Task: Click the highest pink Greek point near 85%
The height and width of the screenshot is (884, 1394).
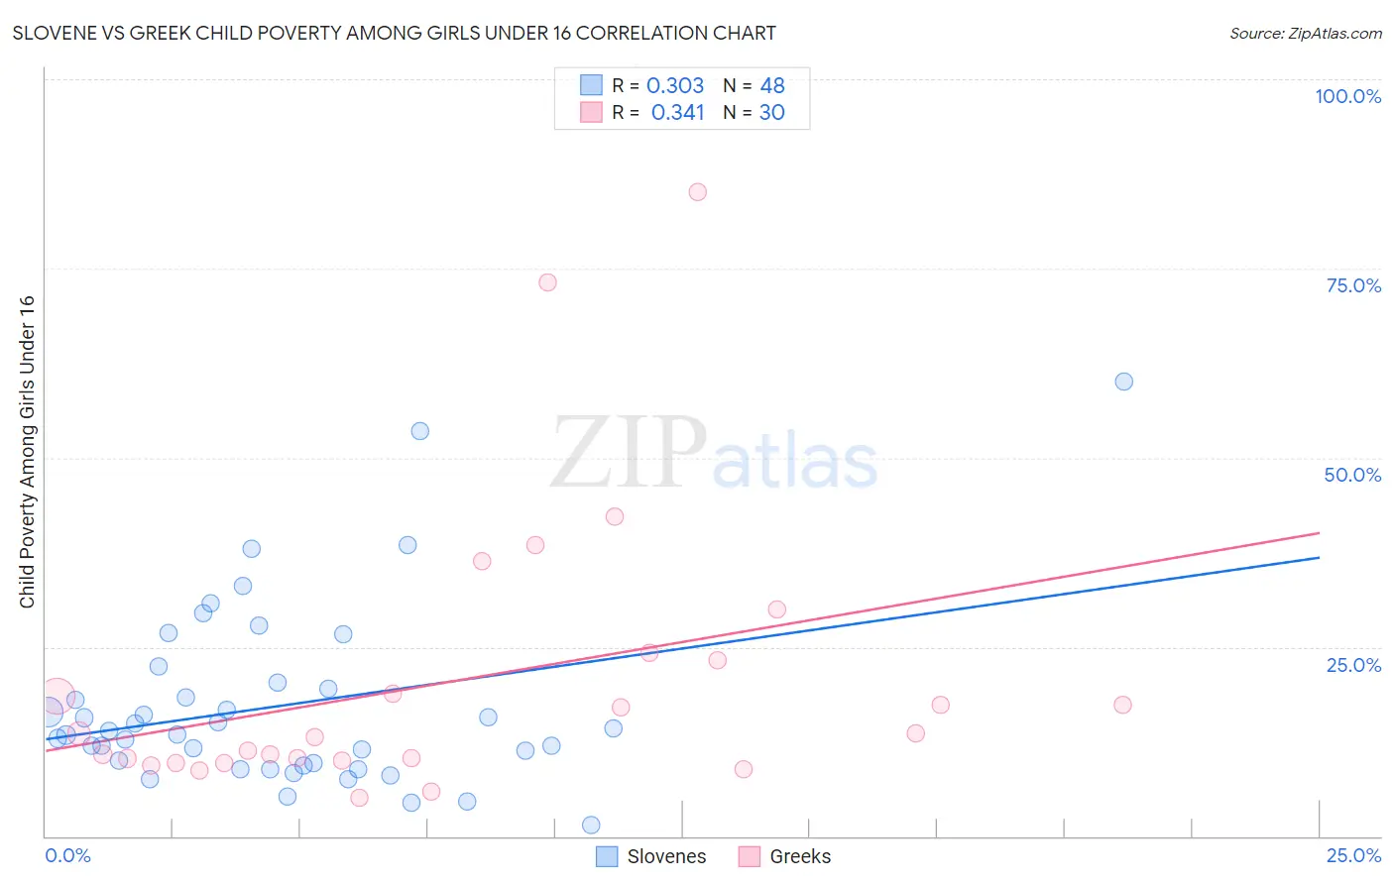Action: (697, 192)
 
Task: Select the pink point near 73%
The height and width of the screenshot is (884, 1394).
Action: (547, 282)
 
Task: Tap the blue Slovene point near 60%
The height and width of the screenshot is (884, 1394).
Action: (1123, 382)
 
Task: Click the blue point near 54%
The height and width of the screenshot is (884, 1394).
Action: (419, 431)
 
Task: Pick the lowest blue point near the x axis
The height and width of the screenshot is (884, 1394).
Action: (591, 825)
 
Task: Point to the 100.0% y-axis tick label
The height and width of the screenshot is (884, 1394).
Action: (1347, 96)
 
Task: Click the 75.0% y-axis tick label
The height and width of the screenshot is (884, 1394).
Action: (1353, 285)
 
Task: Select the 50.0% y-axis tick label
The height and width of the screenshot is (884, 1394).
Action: (1352, 475)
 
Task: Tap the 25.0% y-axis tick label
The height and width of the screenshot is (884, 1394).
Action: (1353, 665)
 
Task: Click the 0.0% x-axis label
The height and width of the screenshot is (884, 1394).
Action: (67, 855)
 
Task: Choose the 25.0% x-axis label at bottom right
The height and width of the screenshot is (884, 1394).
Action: (1353, 855)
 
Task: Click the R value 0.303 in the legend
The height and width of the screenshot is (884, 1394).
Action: (674, 86)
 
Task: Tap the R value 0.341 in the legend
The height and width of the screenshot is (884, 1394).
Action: (677, 113)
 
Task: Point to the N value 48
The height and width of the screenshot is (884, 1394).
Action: (772, 86)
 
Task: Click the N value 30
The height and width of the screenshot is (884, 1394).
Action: (771, 113)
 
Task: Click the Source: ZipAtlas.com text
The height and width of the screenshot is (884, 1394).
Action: (1305, 34)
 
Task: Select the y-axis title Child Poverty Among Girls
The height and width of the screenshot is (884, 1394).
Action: (27, 452)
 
